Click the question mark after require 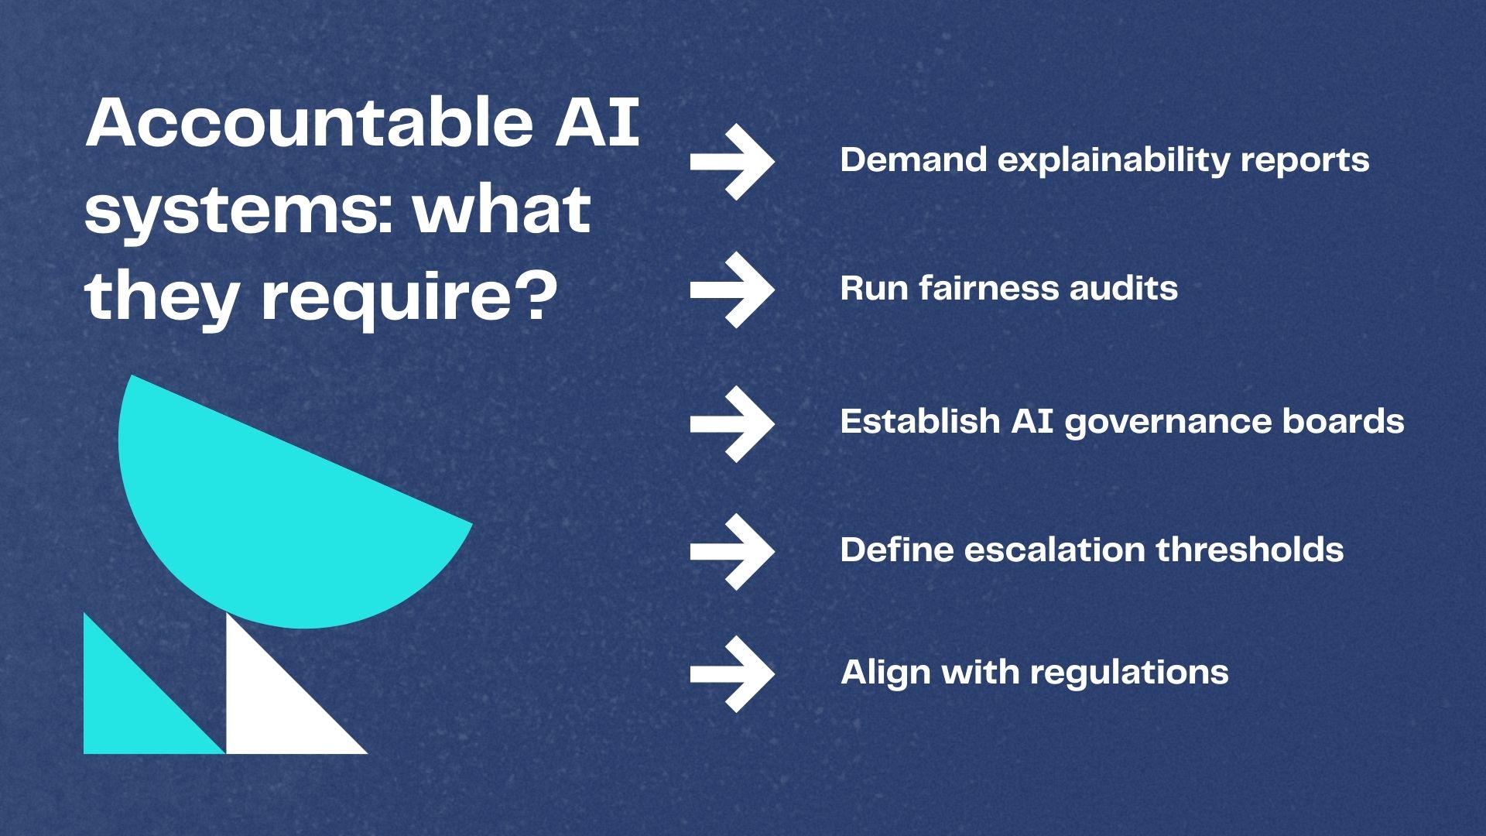[x=537, y=297]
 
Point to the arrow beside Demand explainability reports [x=732, y=161]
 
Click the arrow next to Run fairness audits [x=732, y=290]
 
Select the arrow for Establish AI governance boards [x=732, y=423]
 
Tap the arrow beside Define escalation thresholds [x=732, y=551]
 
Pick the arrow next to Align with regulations [x=732, y=673]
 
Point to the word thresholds [x=1250, y=550]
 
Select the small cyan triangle [x=132, y=704]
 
